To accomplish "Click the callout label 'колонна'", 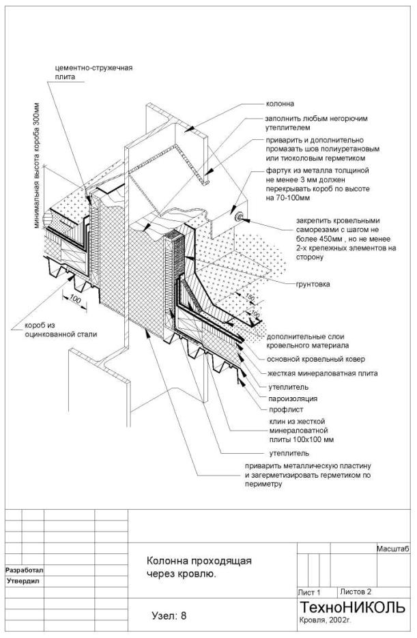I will click(279, 104).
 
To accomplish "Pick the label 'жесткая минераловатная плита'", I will click(321, 373).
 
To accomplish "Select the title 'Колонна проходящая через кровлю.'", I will click(199, 567).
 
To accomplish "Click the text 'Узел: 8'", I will click(169, 615).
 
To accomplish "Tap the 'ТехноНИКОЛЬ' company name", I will click(352, 607).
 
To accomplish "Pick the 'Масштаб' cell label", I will click(392, 549).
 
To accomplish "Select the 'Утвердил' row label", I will click(23, 581).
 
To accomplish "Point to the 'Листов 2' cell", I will click(356, 592).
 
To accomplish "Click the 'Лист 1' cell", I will click(310, 592).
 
